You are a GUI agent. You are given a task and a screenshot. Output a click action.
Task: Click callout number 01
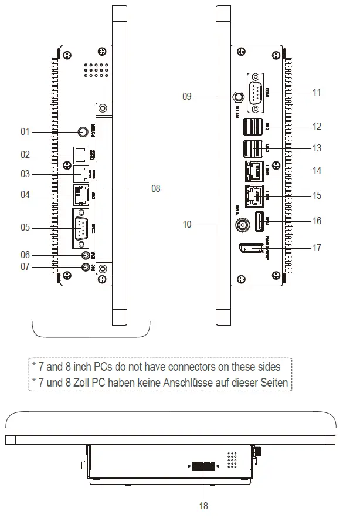point(25,132)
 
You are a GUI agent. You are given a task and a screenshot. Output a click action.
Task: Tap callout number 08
point(155,189)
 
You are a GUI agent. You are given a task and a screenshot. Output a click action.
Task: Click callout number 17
point(317,248)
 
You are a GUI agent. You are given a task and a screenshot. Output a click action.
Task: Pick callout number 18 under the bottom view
point(203,505)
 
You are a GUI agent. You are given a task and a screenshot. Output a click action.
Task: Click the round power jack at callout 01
point(83,133)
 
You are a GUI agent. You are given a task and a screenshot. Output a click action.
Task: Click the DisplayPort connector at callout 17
point(250,249)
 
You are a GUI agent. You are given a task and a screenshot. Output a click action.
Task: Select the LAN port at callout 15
point(253,195)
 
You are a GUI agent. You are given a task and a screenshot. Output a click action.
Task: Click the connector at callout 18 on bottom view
point(203,466)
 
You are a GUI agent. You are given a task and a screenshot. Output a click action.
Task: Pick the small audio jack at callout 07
point(86,268)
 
